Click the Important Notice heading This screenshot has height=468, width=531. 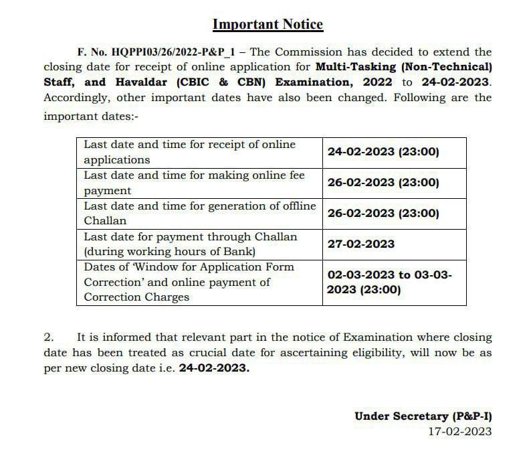point(268,25)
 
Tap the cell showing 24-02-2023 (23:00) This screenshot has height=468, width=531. point(383,152)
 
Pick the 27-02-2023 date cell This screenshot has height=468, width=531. point(361,244)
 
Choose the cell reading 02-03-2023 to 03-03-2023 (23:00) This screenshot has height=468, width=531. point(389,282)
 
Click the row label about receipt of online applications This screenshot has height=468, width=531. point(189,152)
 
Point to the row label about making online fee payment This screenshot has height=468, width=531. point(194,183)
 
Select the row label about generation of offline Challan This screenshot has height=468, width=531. point(199,213)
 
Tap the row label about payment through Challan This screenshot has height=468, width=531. point(191,244)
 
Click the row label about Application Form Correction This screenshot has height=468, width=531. point(189,282)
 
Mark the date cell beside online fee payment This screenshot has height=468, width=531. point(383,183)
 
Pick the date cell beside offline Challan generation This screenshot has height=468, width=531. point(383,214)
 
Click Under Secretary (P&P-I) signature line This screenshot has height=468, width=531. point(423,416)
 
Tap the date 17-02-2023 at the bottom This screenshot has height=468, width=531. point(459,431)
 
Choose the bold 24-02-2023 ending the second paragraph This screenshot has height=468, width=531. point(213,368)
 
